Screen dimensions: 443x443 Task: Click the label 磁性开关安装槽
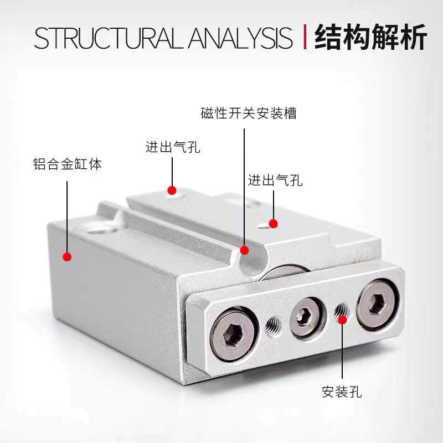(x=249, y=114)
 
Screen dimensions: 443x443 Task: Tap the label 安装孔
(x=342, y=393)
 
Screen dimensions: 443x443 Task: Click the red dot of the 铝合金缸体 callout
(x=67, y=256)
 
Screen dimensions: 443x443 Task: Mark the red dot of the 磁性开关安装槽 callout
(x=244, y=250)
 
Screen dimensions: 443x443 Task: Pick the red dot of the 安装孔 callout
(x=342, y=318)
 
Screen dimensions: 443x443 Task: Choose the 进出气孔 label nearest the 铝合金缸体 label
(x=172, y=147)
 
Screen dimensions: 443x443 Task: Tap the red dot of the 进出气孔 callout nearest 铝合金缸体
(x=172, y=191)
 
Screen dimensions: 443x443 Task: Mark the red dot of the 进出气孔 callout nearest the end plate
(x=273, y=223)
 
